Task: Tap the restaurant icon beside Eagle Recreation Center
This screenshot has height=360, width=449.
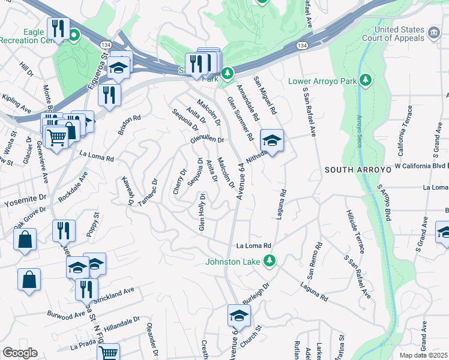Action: tap(58, 28)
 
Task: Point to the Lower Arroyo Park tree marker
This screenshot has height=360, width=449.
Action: tap(364, 80)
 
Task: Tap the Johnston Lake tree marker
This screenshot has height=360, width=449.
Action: tap(270, 260)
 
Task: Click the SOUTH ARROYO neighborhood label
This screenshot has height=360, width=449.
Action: tap(358, 170)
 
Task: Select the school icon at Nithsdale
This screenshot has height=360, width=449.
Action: tap(272, 141)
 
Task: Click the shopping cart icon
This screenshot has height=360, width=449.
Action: tap(56, 136)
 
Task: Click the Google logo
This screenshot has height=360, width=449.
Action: tap(20, 353)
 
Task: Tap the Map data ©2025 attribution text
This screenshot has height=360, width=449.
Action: tap(423, 355)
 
